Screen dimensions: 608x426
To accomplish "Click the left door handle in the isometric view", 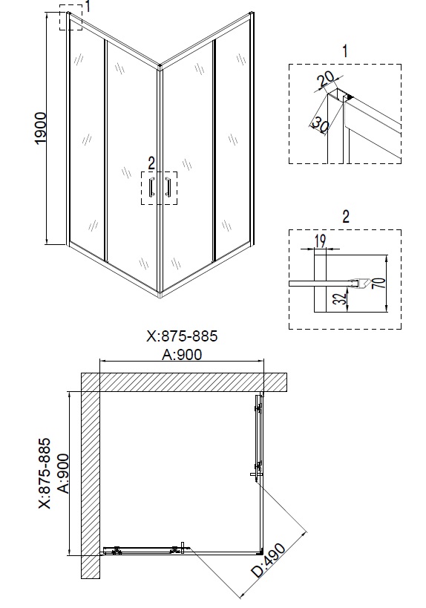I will tap(151, 189).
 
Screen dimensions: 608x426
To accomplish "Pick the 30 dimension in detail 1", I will tap(319, 122).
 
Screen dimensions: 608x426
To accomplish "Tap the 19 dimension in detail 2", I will tap(320, 241).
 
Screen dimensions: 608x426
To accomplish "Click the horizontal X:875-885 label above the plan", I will tap(182, 336).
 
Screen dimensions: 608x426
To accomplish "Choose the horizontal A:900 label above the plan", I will tap(182, 354).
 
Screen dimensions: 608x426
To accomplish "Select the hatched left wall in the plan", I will tap(89, 475).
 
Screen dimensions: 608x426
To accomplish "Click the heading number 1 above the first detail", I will tap(344, 50).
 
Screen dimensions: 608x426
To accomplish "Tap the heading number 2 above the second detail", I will tap(345, 216).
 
